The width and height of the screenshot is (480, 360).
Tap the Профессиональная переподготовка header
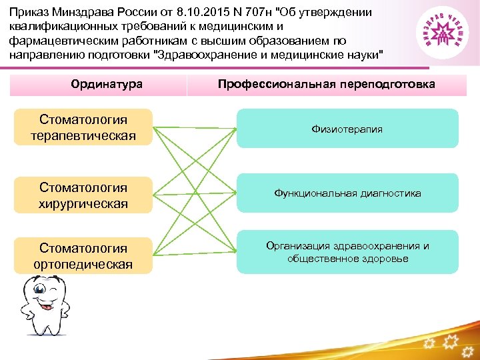pos(326,85)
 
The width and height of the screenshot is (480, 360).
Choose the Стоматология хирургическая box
pos(83,195)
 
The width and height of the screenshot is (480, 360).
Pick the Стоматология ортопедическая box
pos(83,256)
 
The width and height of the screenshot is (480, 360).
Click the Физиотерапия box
pos(347,129)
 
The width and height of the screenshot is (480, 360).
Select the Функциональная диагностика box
pos(347,193)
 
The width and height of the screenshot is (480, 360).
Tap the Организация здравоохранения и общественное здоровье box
pos(347,252)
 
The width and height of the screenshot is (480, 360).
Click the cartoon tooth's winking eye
pos(52,291)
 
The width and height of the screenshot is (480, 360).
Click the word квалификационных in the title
pos(61,27)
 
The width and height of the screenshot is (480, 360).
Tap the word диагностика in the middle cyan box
pos(391,193)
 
